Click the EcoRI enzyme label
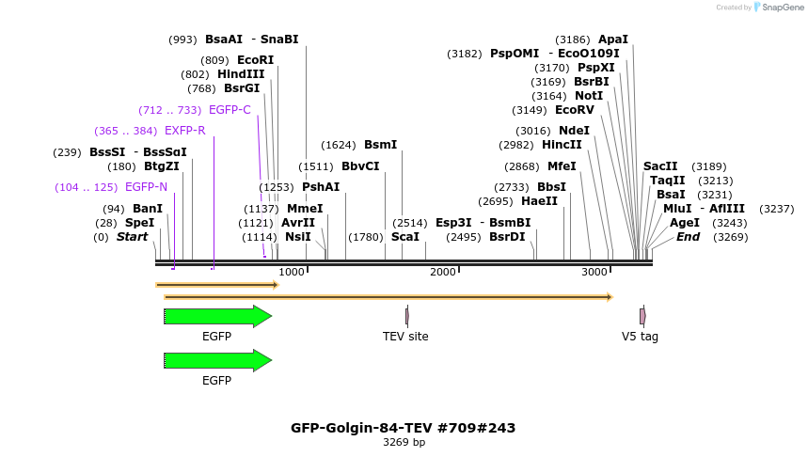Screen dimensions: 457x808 click(x=254, y=60)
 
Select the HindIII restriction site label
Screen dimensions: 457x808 click(x=241, y=74)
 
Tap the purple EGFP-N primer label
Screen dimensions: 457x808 click(x=146, y=187)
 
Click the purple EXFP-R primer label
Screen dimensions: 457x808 click(x=184, y=131)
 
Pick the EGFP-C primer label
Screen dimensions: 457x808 click(x=230, y=110)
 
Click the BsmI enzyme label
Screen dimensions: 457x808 click(x=380, y=145)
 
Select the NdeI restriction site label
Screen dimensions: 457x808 click(x=574, y=131)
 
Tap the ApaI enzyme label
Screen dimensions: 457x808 click(x=612, y=39)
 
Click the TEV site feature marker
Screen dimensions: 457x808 click(x=406, y=316)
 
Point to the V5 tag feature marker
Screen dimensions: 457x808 click(x=642, y=316)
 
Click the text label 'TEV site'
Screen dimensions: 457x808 click(x=405, y=337)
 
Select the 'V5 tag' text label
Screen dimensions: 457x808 click(x=640, y=337)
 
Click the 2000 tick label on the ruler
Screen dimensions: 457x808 click(x=443, y=272)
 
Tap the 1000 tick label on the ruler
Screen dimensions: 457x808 click(x=292, y=272)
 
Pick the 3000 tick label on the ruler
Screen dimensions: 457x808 click(x=594, y=272)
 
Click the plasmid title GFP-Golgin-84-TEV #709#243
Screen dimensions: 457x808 click(x=403, y=428)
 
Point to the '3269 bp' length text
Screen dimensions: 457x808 click(x=404, y=442)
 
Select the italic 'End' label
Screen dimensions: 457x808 click(x=688, y=237)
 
